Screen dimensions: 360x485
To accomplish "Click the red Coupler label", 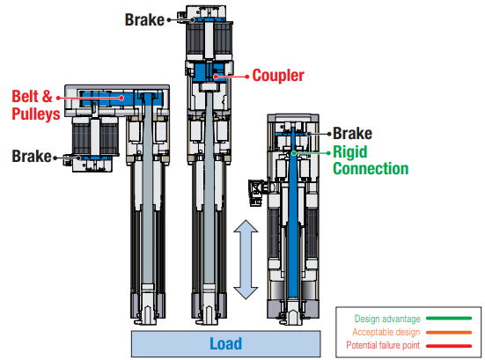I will point(278,76).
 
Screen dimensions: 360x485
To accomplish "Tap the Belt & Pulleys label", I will point(35,105).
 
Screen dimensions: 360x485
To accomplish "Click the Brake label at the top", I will point(144,18).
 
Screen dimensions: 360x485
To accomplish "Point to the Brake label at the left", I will point(32,156).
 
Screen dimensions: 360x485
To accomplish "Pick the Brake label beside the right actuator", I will point(352,134).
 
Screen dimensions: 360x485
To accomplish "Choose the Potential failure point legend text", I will point(388,345).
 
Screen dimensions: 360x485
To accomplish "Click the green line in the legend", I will point(452,319).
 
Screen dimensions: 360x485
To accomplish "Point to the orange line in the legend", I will point(452,332).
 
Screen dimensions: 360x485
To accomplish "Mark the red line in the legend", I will point(452,345).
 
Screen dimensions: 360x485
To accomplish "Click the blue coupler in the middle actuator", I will point(212,73).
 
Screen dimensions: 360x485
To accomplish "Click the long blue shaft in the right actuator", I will point(298,229).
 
